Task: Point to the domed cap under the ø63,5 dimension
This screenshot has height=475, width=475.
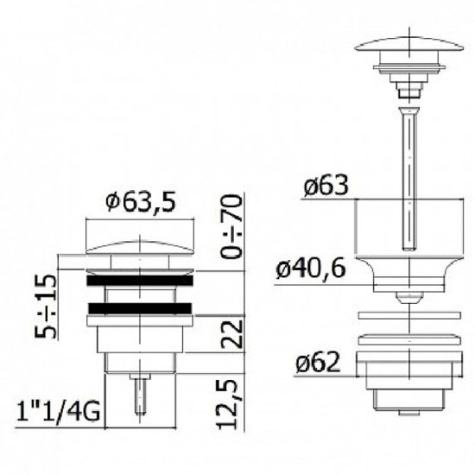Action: pos(138,246)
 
